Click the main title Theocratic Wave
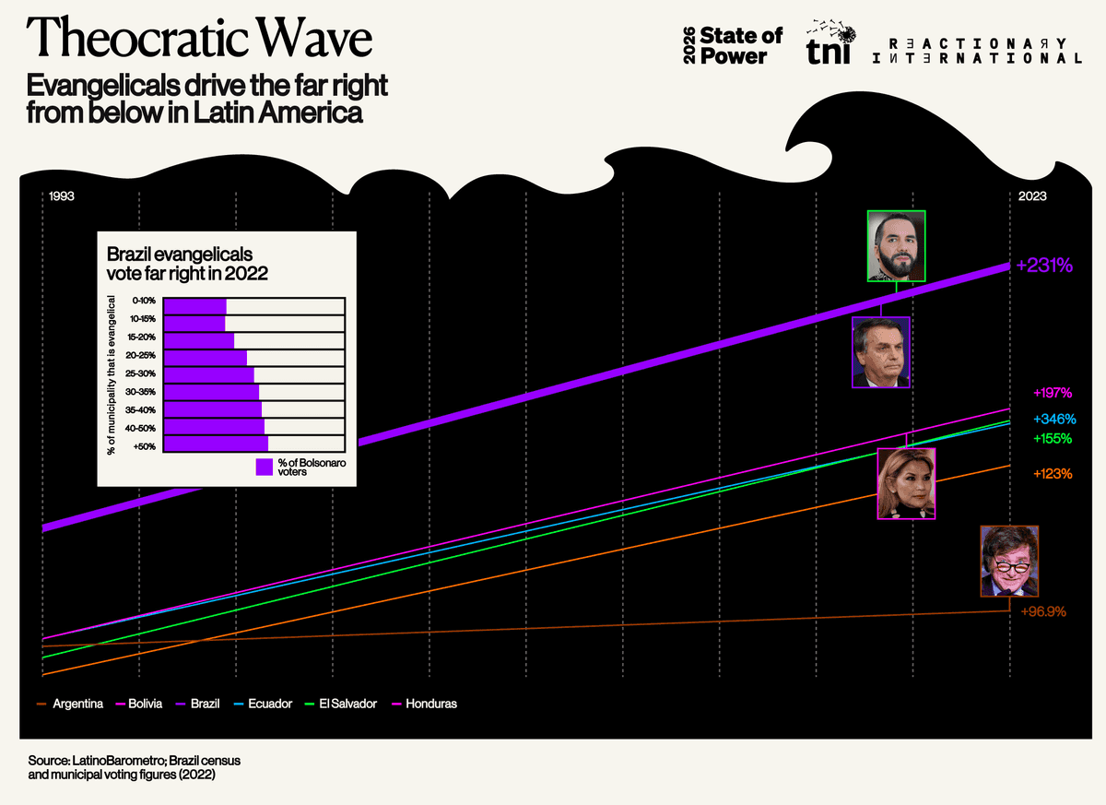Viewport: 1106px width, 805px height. click(x=200, y=40)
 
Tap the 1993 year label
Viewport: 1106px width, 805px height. click(x=62, y=196)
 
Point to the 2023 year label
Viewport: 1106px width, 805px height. click(x=1031, y=196)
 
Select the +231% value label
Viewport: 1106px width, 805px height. click(x=1044, y=266)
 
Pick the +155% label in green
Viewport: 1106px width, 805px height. click(x=1052, y=439)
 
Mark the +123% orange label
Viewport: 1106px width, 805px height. click(x=1052, y=474)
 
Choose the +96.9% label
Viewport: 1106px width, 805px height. click(x=1043, y=611)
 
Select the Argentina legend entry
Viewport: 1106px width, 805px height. click(x=76, y=704)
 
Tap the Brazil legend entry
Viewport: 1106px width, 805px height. click(x=205, y=704)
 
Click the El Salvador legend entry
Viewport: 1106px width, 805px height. click(x=347, y=704)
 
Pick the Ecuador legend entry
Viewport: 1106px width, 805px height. click(x=269, y=704)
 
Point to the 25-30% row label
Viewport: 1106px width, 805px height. click(x=145, y=373)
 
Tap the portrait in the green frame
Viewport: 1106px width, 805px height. click(x=896, y=245)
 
